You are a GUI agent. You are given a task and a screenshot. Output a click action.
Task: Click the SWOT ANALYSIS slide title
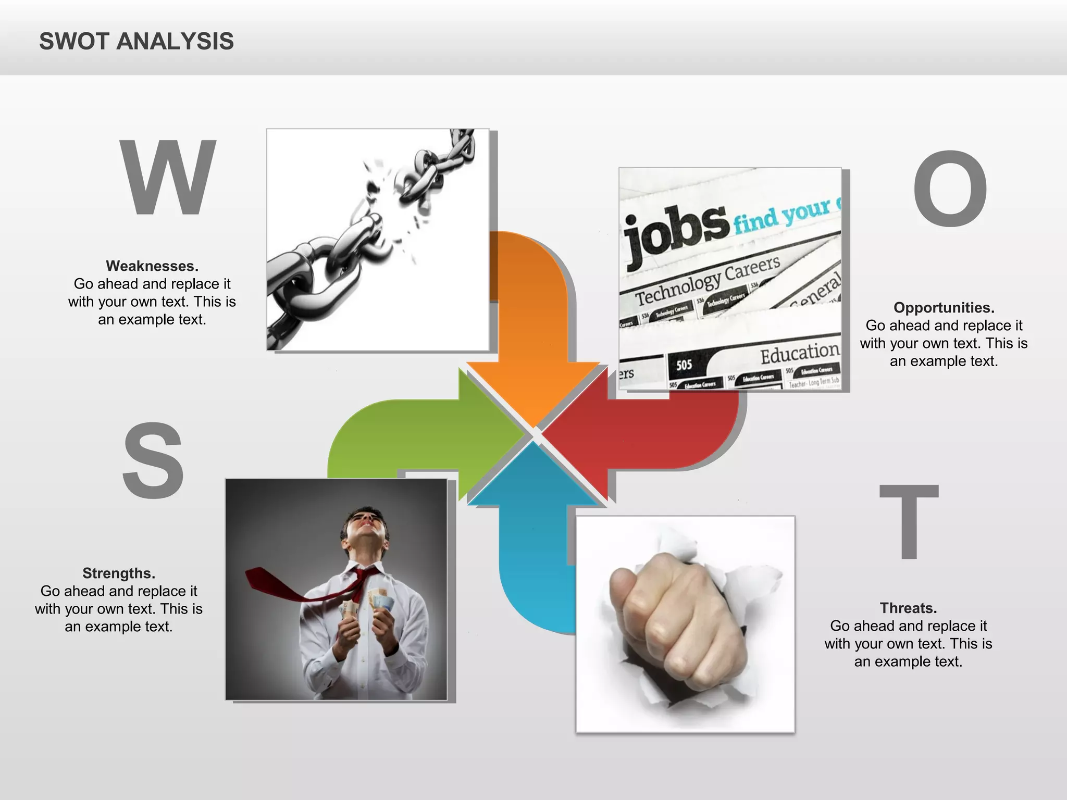(x=137, y=41)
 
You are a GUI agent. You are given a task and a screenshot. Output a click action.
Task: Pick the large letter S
(x=153, y=460)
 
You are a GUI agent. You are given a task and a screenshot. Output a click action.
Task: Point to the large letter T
(x=909, y=520)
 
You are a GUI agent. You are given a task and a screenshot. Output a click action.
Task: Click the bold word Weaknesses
(x=152, y=266)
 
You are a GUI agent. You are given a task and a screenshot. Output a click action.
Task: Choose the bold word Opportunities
(x=944, y=308)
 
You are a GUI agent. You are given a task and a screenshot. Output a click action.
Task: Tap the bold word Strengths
(x=119, y=573)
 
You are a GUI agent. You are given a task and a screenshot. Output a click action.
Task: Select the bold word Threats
(x=908, y=608)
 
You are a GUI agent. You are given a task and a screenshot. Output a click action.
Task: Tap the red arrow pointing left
(x=651, y=432)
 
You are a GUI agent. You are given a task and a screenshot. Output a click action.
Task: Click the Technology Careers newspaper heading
(x=708, y=281)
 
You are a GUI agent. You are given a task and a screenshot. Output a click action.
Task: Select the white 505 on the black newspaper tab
(x=684, y=365)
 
